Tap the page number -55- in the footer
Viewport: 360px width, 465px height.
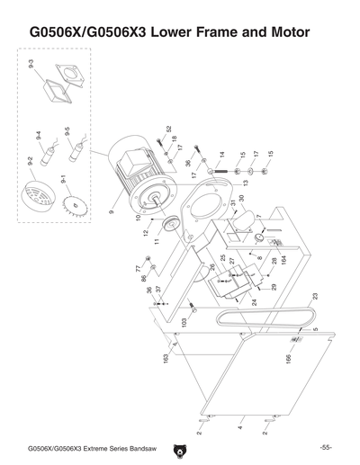click(325, 447)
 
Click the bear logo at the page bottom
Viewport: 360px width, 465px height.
click(179, 446)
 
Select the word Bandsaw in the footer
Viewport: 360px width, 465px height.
click(138, 448)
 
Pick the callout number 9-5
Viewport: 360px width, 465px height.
click(67, 134)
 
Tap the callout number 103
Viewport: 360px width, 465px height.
click(184, 321)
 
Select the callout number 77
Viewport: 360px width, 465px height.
click(138, 268)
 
